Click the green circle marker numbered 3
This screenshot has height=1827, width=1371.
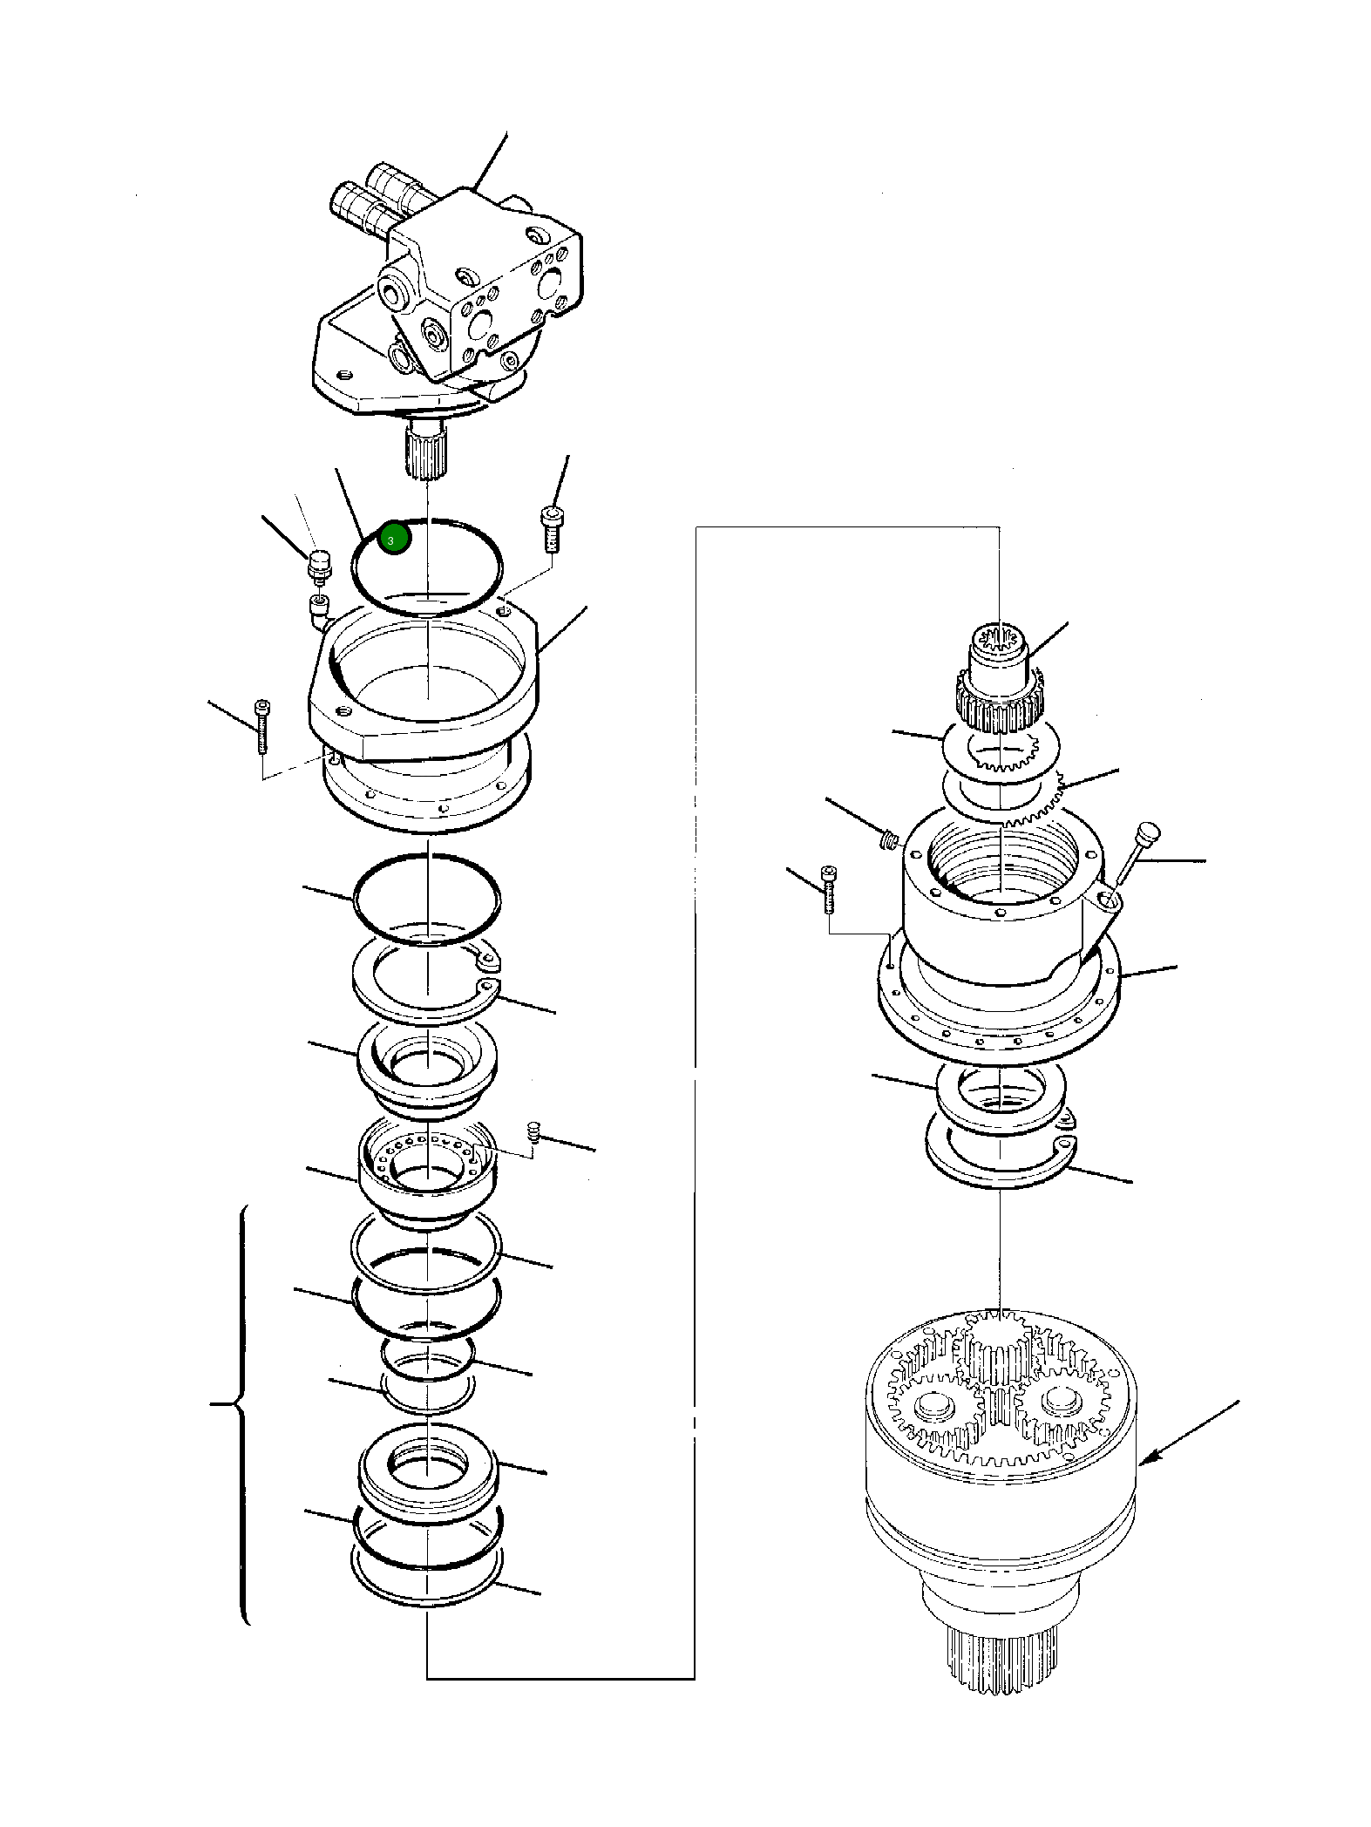(x=395, y=540)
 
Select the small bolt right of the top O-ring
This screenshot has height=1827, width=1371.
(x=551, y=528)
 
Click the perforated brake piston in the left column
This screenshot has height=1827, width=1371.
(x=426, y=1172)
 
